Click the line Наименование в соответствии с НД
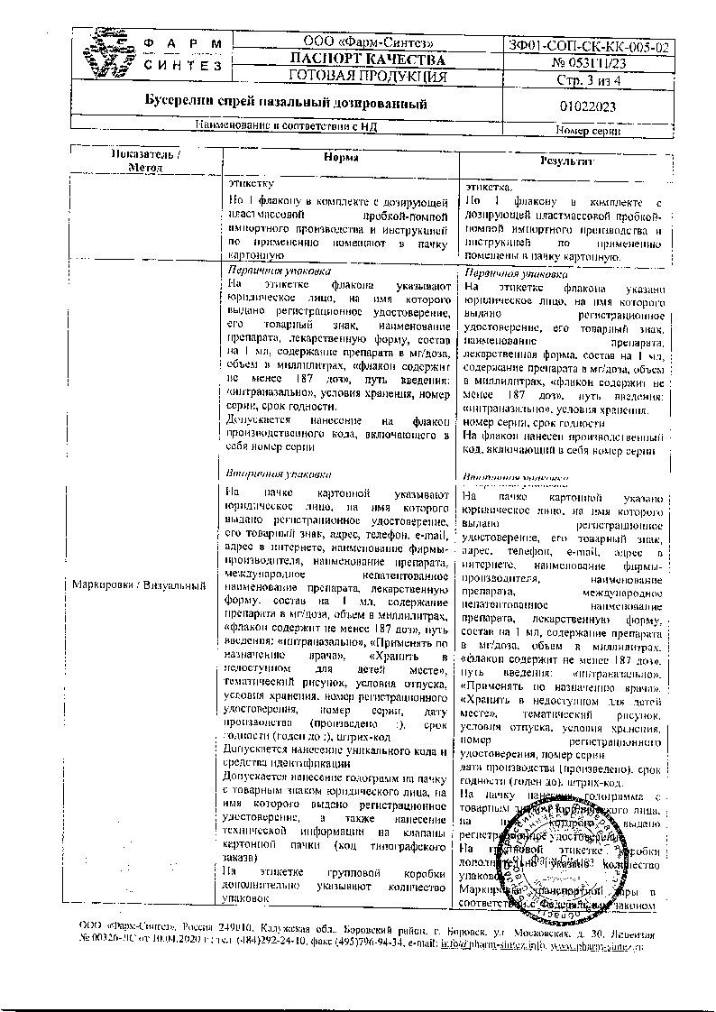click(286, 127)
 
